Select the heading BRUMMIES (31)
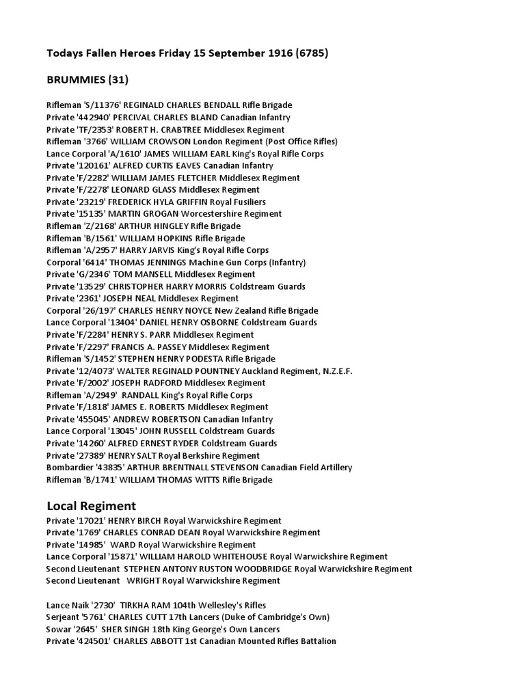coord(87,80)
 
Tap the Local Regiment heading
coord(92,506)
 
